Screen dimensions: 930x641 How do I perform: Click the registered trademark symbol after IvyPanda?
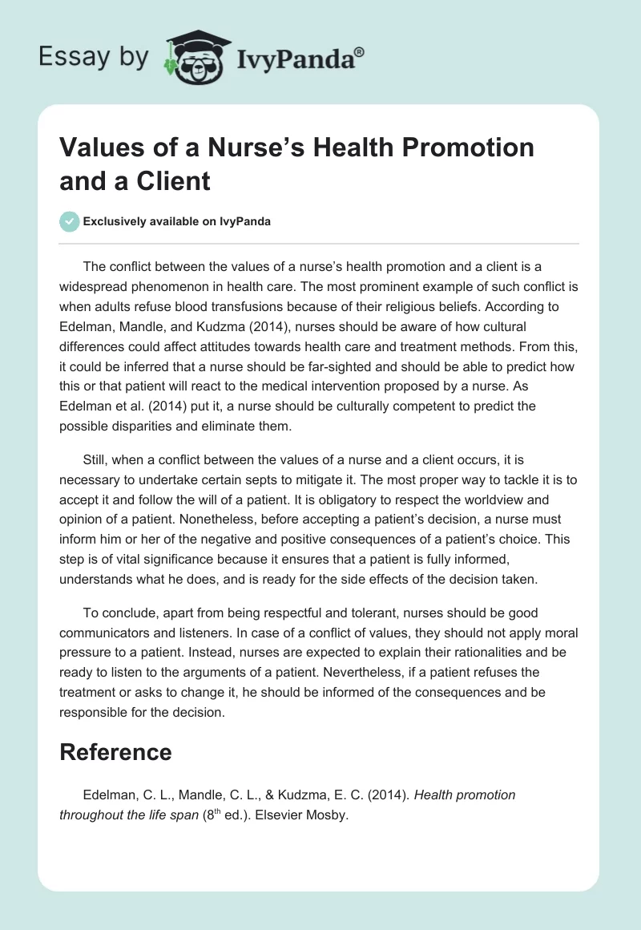click(x=360, y=52)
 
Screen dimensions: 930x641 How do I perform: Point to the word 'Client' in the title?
click(x=172, y=181)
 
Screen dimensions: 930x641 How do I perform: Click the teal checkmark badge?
click(x=70, y=222)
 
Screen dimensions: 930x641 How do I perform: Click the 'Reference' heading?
click(x=115, y=752)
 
